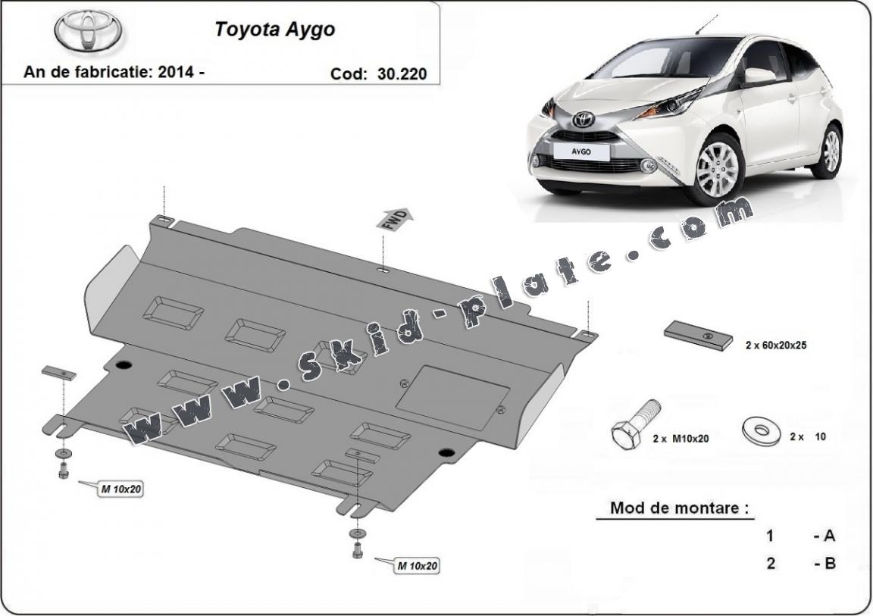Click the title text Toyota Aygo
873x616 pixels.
(274, 29)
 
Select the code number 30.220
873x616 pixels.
(402, 73)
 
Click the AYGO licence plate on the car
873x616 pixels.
(580, 151)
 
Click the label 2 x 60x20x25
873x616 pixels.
(776, 345)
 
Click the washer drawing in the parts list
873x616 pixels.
(759, 430)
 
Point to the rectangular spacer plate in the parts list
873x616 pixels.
(698, 336)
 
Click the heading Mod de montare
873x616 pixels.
(679, 508)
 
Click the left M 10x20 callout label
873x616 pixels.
(120, 489)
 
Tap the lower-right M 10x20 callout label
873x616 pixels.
(417, 566)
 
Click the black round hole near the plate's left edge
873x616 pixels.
(124, 365)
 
